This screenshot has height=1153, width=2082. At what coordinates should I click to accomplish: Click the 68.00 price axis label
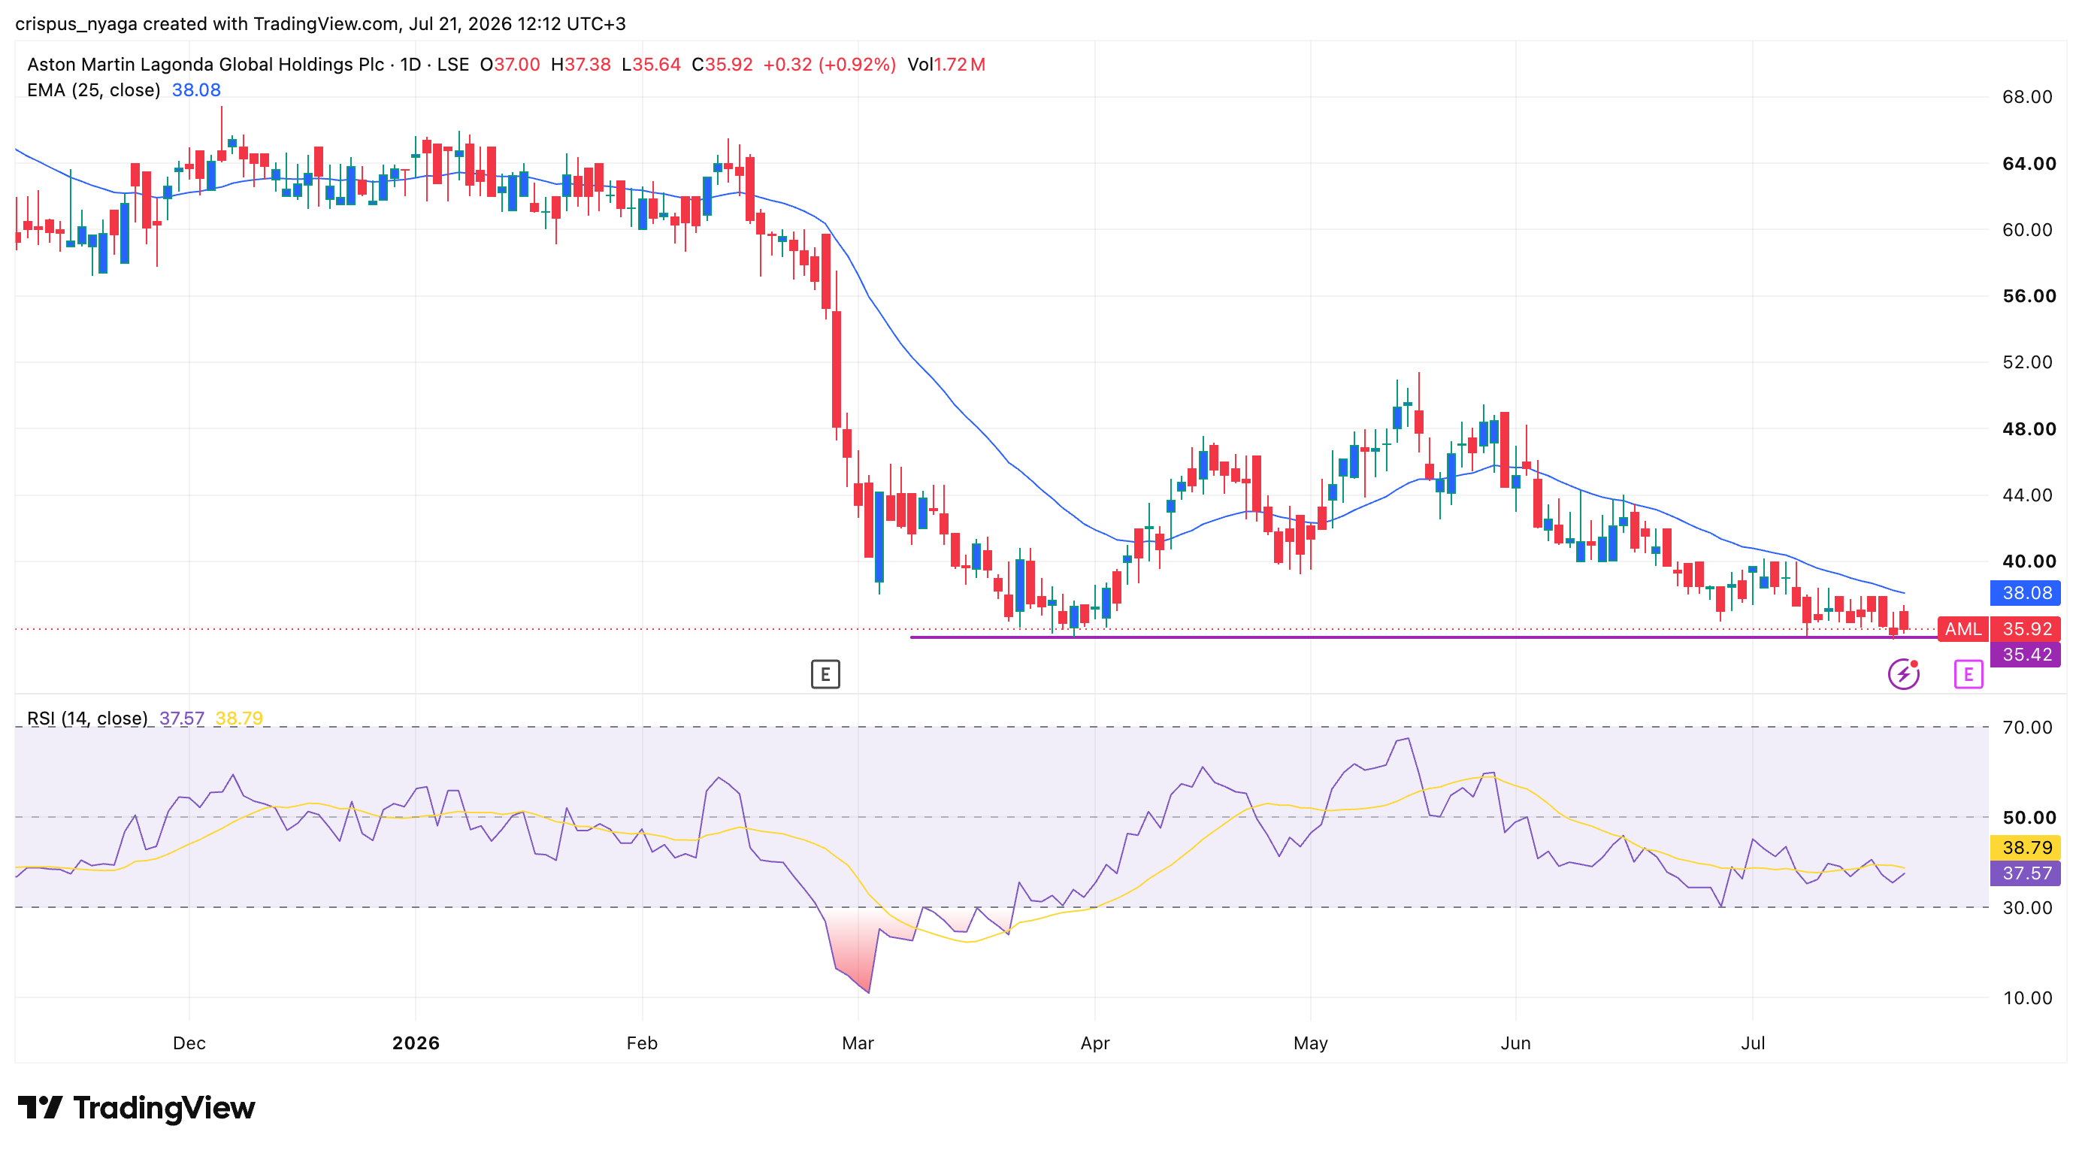(x=2026, y=97)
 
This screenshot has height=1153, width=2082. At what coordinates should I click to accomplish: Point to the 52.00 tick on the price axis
(x=2026, y=362)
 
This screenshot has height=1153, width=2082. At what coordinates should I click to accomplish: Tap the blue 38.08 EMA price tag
(x=2026, y=593)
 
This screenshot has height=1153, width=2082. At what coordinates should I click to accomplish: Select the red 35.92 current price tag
(x=2026, y=628)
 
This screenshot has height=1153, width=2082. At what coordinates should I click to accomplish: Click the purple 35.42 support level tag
(x=2026, y=655)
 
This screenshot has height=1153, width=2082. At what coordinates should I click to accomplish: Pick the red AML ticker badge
(x=1962, y=628)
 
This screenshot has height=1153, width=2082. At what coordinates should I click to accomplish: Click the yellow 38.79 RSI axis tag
(x=2026, y=848)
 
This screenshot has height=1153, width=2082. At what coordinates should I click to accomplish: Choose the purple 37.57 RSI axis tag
(x=2026, y=873)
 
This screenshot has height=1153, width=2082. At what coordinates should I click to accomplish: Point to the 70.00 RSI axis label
(x=2026, y=727)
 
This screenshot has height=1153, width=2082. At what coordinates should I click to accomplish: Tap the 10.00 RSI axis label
(x=2026, y=998)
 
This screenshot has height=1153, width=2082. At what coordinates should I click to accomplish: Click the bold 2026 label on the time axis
(x=416, y=1043)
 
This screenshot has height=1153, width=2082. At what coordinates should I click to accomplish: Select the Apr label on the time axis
(x=1095, y=1043)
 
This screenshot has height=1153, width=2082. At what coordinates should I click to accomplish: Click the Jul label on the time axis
(x=1752, y=1043)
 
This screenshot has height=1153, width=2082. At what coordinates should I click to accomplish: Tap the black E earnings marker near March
(x=825, y=674)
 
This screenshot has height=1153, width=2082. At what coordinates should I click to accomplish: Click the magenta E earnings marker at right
(x=1968, y=674)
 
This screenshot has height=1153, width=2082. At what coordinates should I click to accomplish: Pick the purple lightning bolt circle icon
(x=1903, y=674)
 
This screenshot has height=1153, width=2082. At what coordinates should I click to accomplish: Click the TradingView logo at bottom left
(x=136, y=1108)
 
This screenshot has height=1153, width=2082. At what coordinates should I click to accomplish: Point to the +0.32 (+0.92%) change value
(x=829, y=65)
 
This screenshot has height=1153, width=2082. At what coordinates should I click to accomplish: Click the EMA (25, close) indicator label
(x=94, y=89)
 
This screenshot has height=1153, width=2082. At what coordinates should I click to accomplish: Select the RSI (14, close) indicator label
(x=87, y=719)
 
